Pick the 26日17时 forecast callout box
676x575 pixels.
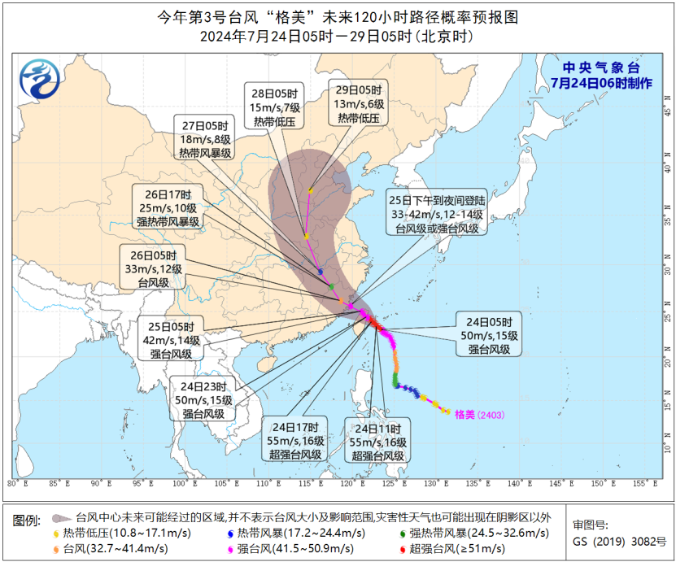(169, 207)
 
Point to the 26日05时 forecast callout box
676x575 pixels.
(152, 267)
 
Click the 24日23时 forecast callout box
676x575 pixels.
(203, 399)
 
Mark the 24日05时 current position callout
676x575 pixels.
(488, 334)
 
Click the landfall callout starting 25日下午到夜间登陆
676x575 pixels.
(436, 214)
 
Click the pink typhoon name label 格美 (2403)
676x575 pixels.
(479, 415)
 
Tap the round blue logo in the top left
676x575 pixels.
(40, 82)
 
